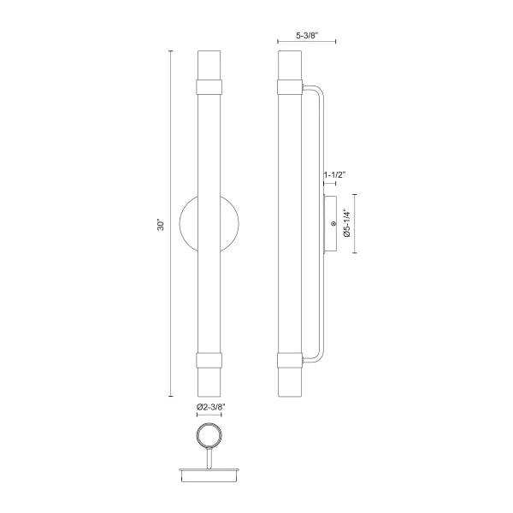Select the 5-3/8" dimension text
pyautogui.click(x=306, y=37)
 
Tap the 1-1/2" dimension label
pyautogui.click(x=334, y=176)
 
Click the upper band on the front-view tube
pyautogui.click(x=209, y=85)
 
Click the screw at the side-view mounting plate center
pyautogui.click(x=333, y=224)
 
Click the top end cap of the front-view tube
pyautogui.click(x=209, y=65)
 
